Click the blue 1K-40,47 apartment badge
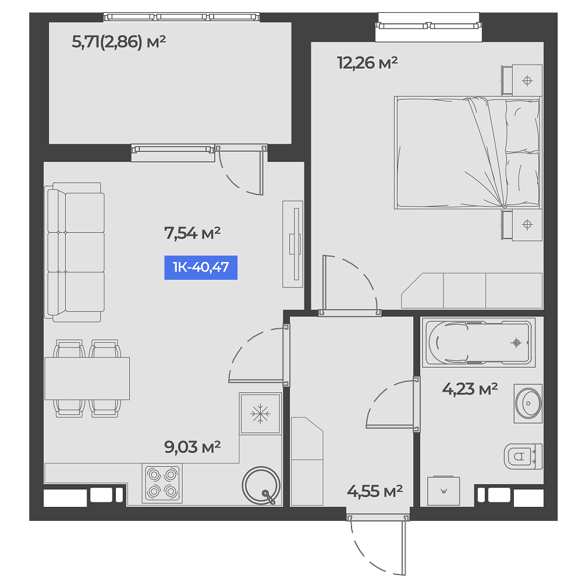tap(201, 267)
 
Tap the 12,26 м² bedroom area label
tap(367, 63)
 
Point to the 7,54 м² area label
tap(192, 233)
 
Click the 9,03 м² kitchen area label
tap(192, 447)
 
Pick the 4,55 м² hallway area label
tap(374, 491)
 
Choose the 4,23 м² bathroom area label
tap(470, 389)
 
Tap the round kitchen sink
tap(261, 485)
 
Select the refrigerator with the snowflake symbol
tap(260, 413)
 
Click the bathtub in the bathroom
tap(479, 343)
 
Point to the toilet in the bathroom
tap(523, 456)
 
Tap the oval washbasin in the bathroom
tap(528, 403)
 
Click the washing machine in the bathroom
tap(443, 491)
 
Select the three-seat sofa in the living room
tap(74, 252)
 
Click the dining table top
tap(87, 379)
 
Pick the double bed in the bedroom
tap(467, 152)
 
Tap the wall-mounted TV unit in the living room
tap(293, 244)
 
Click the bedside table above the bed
tap(522, 80)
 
